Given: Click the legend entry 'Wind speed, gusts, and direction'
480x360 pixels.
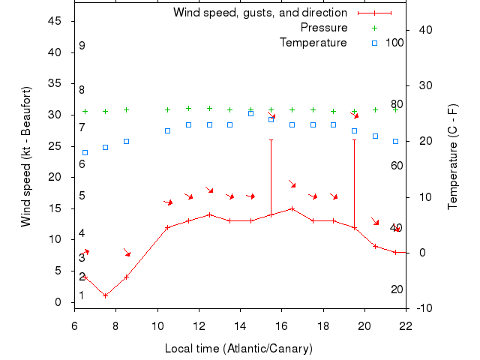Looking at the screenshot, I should click(259, 13).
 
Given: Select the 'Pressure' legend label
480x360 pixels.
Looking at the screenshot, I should click(324, 28).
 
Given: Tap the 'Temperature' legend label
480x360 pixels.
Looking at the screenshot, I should click(313, 43).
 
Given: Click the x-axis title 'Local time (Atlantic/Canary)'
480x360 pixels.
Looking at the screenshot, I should click(238, 349).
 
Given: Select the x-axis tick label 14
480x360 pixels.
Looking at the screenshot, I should click(240, 325).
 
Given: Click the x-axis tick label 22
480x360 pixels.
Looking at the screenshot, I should click(406, 325).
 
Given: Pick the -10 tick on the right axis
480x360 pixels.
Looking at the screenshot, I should click(424, 308).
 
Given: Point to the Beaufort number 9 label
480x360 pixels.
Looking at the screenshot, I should click(82, 46).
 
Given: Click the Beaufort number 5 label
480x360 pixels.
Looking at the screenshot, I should click(82, 196).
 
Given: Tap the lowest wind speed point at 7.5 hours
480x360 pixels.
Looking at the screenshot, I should click(106, 295).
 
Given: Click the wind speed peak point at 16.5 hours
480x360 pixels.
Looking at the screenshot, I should click(292, 208).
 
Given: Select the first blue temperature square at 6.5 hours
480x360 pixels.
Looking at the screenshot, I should click(85, 152).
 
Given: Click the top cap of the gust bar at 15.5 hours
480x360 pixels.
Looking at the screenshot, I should click(271, 139).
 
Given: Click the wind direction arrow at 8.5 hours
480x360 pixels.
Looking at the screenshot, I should click(127, 253).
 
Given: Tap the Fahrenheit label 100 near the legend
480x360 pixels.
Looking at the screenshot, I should click(394, 43).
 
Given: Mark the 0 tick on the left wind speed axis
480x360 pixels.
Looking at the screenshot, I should click(58, 302).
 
